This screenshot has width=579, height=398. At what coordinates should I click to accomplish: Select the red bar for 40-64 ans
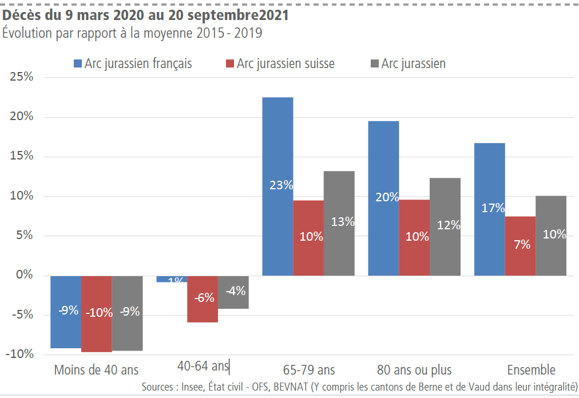[x=203, y=309]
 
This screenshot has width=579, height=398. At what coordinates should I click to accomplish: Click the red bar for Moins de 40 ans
[x=96, y=332]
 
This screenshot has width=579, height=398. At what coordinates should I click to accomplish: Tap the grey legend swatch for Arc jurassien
[x=375, y=63]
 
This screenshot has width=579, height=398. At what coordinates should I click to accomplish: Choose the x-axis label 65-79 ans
[x=309, y=369]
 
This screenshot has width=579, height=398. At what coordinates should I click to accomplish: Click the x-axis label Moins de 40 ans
[x=96, y=369]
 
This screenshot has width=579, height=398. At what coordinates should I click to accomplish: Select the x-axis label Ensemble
[x=531, y=369]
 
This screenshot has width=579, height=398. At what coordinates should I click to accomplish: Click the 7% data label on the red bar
[x=522, y=245]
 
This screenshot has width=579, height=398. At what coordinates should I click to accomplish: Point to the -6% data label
[x=204, y=297]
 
